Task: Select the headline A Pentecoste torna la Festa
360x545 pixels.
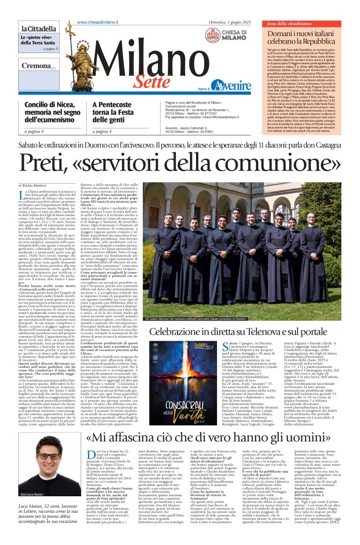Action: tap(114, 111)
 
